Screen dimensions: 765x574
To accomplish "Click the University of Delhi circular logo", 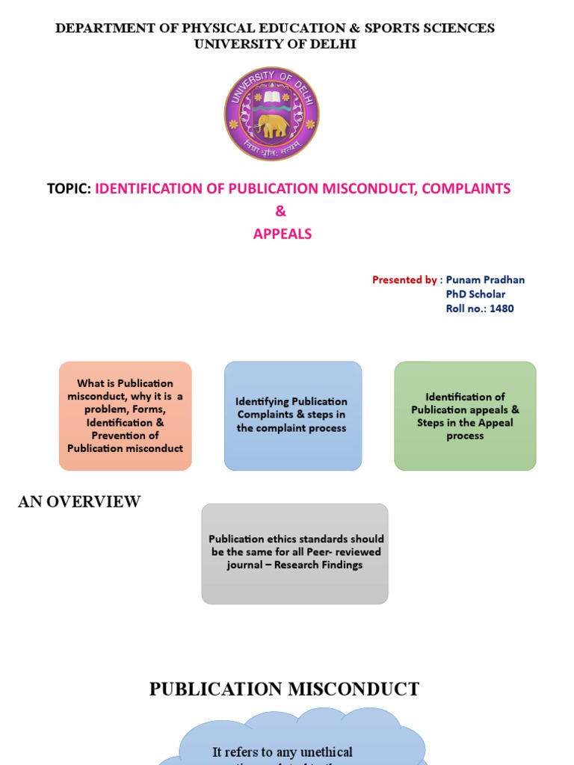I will click(272, 114).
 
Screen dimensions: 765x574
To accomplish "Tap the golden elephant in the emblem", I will click(271, 125).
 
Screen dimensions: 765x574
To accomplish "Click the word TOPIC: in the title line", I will click(69, 189).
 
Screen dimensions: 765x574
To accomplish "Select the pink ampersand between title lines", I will click(281, 211).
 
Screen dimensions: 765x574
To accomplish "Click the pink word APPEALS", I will click(282, 234).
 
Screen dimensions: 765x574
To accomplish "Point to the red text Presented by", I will click(404, 280).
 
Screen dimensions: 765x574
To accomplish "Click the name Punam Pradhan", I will click(485, 280).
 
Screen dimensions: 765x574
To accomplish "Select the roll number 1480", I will click(502, 309).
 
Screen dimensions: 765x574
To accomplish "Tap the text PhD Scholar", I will click(475, 294).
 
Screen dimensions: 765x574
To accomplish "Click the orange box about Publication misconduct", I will click(126, 416).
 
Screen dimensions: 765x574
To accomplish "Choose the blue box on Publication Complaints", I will click(292, 415).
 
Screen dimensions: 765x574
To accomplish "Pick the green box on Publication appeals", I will click(465, 416).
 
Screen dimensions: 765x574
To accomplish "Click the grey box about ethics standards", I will click(295, 552).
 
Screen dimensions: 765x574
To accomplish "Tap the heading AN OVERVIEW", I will click(79, 502).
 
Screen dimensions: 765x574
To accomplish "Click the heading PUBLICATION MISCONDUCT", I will click(284, 689).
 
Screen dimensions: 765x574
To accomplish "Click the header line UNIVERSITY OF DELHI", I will click(275, 45).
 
